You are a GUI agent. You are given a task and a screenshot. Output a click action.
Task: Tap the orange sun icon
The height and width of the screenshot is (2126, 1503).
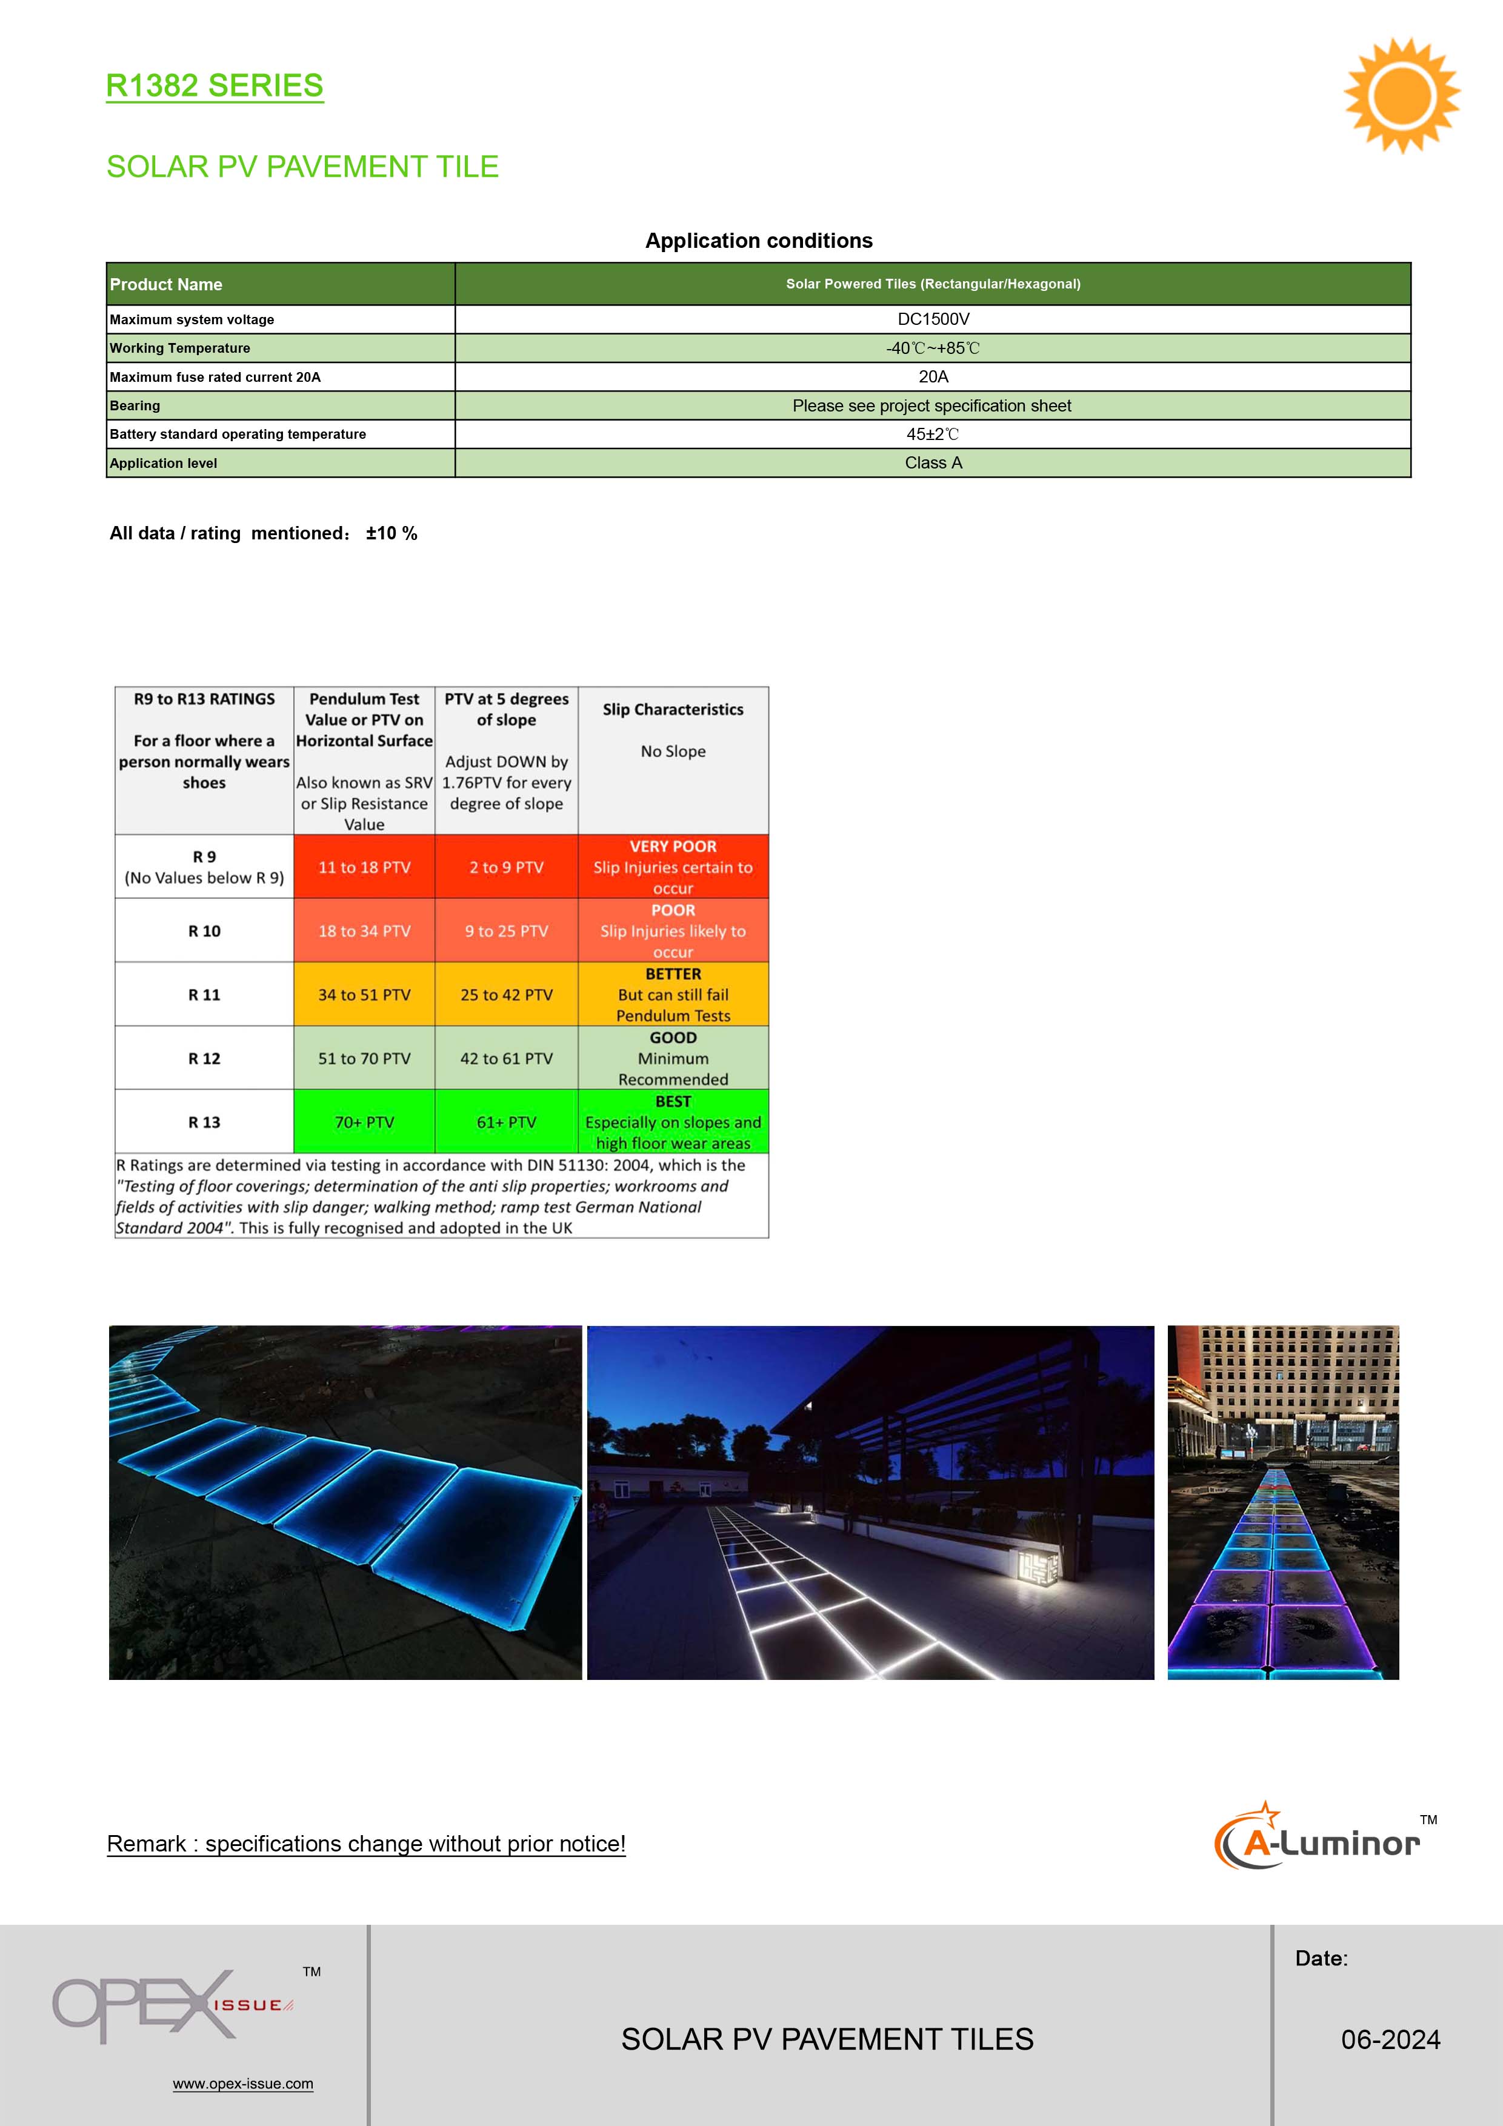pos(1401,95)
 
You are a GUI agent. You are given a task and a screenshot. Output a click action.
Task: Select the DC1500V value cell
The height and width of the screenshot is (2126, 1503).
pos(933,319)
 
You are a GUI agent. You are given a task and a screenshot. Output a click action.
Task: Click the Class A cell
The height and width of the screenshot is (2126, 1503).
pos(933,463)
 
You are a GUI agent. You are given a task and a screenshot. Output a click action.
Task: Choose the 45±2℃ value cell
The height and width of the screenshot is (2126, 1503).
pos(933,435)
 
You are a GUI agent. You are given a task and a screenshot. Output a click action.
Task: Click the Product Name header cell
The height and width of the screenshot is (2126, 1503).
pos(167,284)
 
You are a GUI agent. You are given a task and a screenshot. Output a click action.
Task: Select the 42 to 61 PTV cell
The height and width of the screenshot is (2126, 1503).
pos(507,1058)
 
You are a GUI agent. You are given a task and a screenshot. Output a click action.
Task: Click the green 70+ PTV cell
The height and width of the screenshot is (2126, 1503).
pos(364,1122)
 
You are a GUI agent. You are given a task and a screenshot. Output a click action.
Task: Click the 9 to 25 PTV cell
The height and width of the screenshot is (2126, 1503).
pos(507,931)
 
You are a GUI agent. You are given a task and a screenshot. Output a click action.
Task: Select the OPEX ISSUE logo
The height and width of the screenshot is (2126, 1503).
pos(172,2005)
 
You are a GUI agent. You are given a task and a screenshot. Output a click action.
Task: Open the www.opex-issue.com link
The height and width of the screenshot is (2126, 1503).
pos(242,2084)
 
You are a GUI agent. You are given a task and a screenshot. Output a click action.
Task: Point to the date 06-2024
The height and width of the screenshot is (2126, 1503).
pos(1390,2040)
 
